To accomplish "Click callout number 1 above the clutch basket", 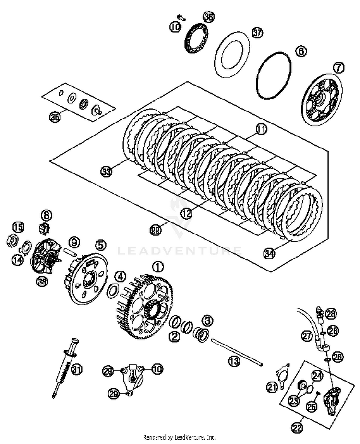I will (x=158, y=265).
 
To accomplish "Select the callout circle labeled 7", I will (x=339, y=67).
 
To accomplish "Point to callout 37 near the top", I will (x=258, y=33).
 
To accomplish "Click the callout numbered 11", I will (x=261, y=129).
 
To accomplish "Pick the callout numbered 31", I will (x=76, y=370).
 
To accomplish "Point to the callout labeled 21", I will (x=273, y=387).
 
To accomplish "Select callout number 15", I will (x=18, y=226).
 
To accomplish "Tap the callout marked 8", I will (x=46, y=214).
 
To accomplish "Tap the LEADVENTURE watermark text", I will (x=180, y=251).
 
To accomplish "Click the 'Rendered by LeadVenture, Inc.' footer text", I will (x=180, y=437).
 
